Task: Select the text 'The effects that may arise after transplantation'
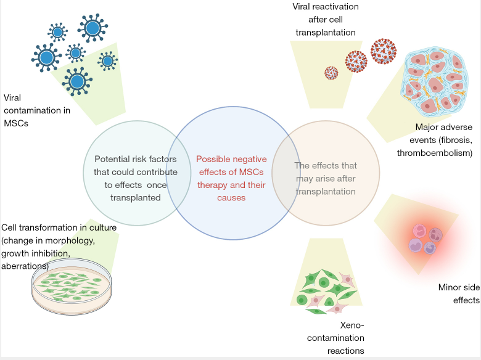326,178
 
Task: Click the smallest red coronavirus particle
331,73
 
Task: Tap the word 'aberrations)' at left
25,265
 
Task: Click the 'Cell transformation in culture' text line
59,227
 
